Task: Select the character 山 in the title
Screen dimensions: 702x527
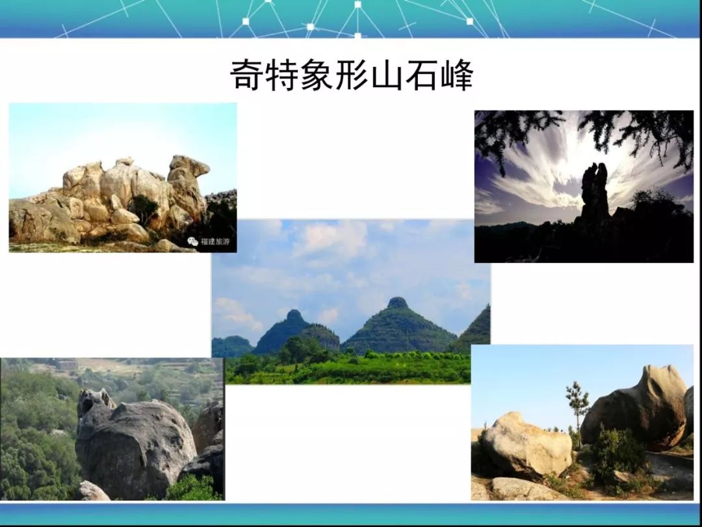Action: pyautogui.click(x=387, y=75)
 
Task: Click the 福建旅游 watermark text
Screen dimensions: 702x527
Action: pyautogui.click(x=215, y=241)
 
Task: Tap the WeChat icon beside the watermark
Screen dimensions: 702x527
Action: pyautogui.click(x=192, y=241)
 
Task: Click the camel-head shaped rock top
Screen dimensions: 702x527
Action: pyautogui.click(x=188, y=167)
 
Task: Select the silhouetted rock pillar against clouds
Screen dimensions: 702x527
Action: pyautogui.click(x=594, y=193)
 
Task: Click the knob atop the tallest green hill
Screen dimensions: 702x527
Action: pyautogui.click(x=397, y=303)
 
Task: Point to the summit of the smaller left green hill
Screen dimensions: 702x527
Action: pyautogui.click(x=294, y=314)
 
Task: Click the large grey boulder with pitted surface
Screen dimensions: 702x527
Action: pyautogui.click(x=135, y=446)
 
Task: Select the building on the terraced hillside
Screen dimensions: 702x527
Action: pyautogui.click(x=68, y=365)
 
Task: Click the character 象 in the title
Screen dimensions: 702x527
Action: pyautogui.click(x=317, y=75)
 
